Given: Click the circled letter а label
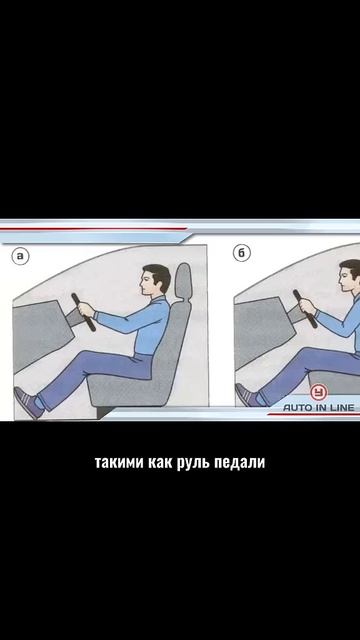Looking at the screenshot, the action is (20, 256).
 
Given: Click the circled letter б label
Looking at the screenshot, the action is (242, 253).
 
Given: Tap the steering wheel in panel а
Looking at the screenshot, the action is (83, 312).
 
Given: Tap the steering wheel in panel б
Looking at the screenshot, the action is (305, 309).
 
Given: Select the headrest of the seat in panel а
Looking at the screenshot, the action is (183, 282).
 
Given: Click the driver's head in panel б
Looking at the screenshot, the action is (349, 276).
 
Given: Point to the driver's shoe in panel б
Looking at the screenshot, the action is (247, 396).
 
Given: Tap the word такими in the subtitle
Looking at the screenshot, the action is (120, 462).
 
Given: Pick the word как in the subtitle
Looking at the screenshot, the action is (161, 462).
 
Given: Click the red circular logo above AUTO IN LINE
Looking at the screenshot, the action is (318, 393).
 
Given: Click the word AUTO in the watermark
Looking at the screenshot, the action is (297, 407).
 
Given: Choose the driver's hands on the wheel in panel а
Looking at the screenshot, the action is (87, 310).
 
